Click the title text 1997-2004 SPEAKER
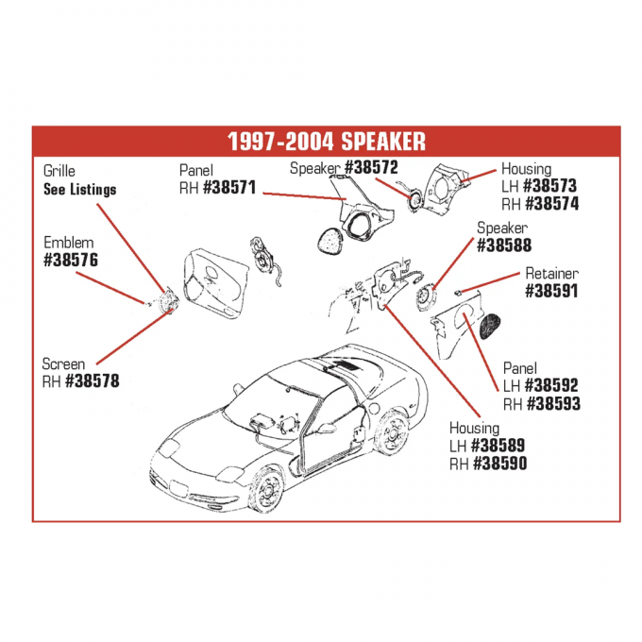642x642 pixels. click(x=326, y=142)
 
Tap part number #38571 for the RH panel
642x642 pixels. click(x=229, y=187)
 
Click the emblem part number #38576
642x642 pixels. click(x=71, y=260)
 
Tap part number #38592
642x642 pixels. click(x=552, y=385)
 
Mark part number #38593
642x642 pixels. click(x=552, y=403)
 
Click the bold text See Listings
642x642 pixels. click(x=80, y=189)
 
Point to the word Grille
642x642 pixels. click(x=59, y=171)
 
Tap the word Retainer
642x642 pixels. click(x=551, y=274)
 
